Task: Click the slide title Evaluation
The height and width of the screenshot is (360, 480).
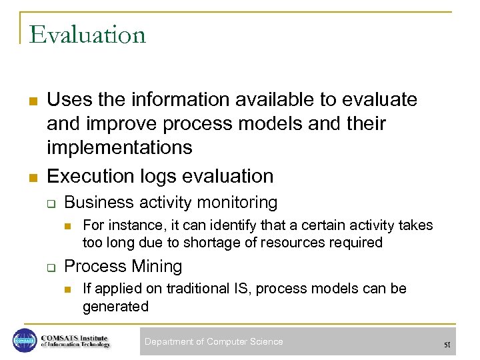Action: (x=87, y=35)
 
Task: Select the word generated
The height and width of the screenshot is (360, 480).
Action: (x=115, y=307)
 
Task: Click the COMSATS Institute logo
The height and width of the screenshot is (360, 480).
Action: (x=61, y=340)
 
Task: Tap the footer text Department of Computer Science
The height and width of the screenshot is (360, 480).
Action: (x=213, y=341)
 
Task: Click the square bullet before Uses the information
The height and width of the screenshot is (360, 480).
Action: (x=31, y=101)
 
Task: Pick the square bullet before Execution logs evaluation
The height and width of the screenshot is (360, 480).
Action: (x=31, y=177)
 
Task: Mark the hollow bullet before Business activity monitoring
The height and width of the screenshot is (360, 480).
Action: (x=50, y=203)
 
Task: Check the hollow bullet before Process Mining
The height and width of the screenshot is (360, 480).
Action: (x=50, y=267)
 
